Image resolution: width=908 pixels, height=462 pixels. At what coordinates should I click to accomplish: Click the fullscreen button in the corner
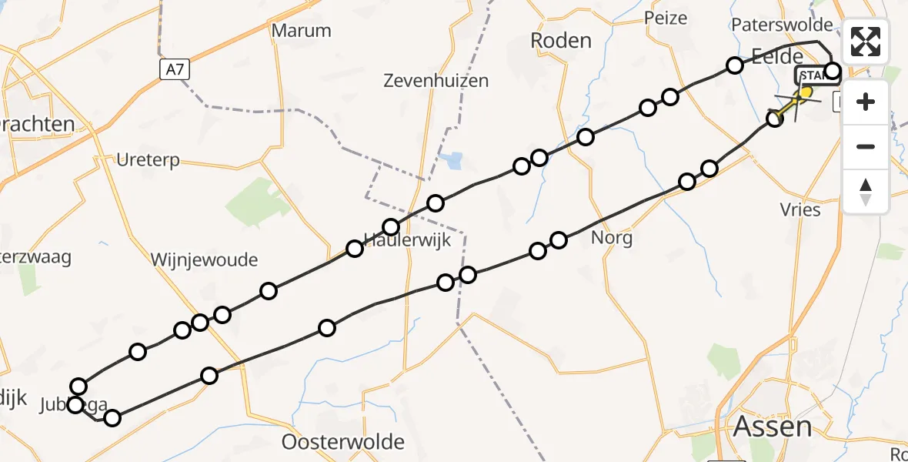tap(866, 42)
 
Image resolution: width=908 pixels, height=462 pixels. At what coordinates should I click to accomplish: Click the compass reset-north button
tap(866, 192)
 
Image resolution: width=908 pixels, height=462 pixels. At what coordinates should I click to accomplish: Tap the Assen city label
tap(773, 426)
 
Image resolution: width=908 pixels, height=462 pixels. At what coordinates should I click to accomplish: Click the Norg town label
tap(612, 238)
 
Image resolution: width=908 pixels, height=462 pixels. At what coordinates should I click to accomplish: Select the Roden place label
tap(562, 40)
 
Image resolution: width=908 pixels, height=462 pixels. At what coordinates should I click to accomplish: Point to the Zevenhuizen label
tap(436, 80)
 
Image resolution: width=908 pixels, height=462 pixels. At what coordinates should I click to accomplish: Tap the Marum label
tap(302, 31)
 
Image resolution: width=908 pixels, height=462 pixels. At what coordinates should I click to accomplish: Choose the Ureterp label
tap(148, 160)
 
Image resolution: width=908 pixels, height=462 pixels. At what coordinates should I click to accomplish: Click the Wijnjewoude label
tap(204, 259)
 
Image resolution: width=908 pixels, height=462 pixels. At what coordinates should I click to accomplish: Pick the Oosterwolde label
tap(343, 442)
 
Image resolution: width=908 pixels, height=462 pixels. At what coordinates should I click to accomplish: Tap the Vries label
tap(800, 209)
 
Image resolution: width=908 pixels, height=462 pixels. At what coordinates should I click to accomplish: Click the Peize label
tap(665, 17)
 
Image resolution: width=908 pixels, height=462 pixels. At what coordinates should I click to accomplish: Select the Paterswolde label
tap(782, 24)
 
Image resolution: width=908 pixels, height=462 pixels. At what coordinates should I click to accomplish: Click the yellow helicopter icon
tap(802, 95)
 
